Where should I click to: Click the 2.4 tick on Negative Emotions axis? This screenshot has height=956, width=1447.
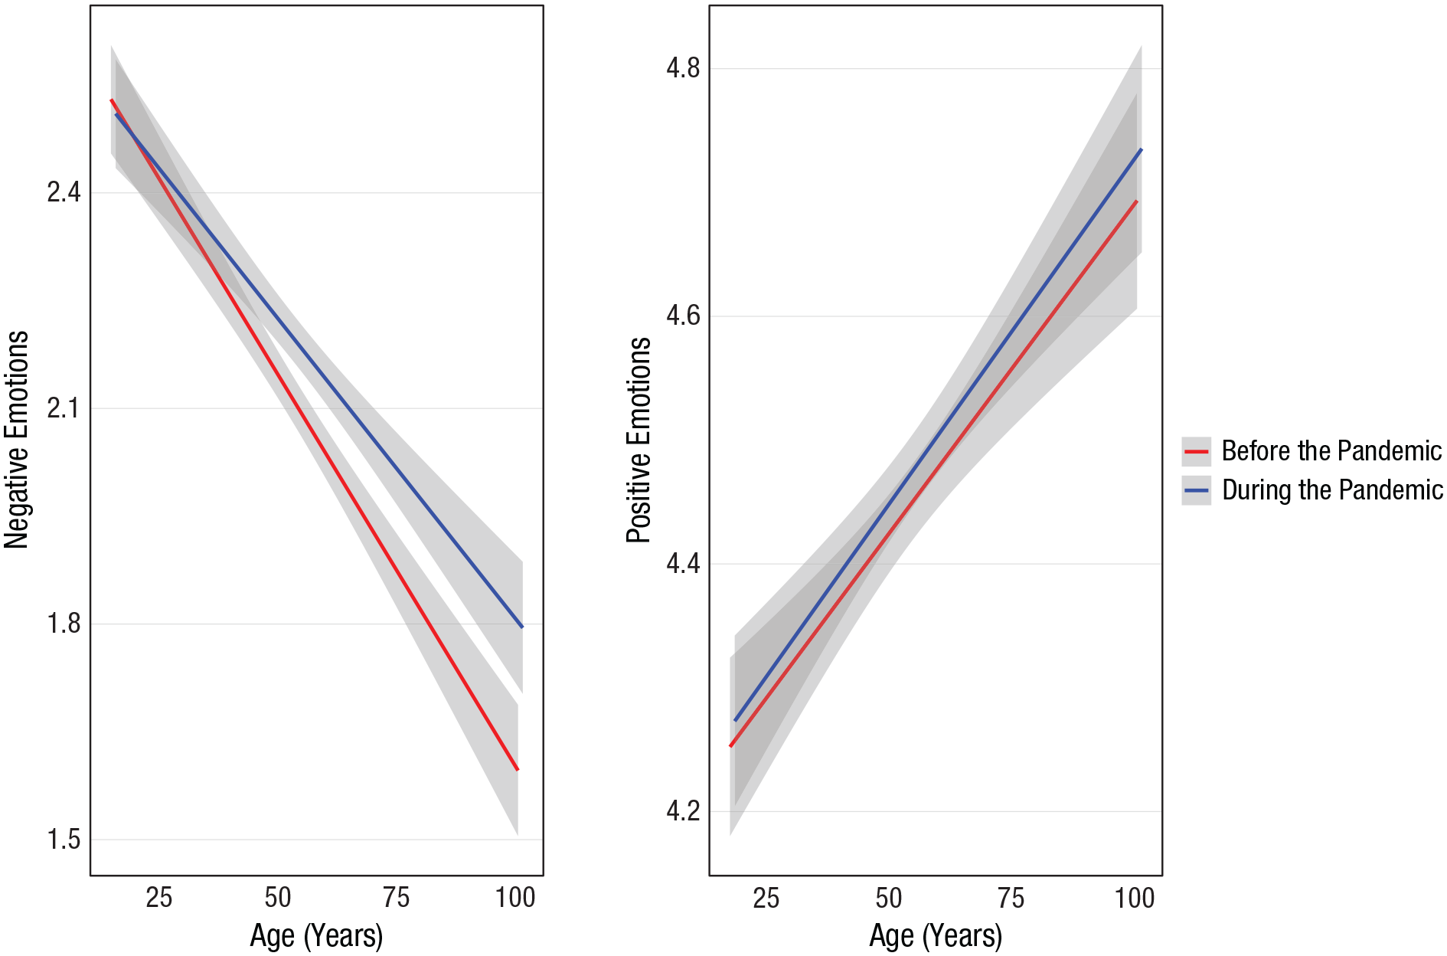[64, 192]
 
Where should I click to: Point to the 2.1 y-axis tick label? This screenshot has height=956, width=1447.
[64, 408]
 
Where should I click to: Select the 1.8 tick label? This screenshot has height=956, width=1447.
[64, 624]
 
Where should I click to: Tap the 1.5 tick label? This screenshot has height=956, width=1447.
[64, 840]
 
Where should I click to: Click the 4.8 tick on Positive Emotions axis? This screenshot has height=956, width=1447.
[683, 68]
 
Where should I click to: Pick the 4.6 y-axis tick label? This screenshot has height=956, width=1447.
[683, 316]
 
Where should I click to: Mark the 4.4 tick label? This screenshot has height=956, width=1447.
[683, 564]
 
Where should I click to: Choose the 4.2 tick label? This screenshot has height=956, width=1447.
[683, 811]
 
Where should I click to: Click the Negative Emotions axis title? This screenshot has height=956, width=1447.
[16, 440]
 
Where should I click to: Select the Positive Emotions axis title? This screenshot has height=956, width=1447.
[639, 440]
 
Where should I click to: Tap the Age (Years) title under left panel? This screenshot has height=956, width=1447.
[316, 936]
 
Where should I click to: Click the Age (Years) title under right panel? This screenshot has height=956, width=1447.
[936, 936]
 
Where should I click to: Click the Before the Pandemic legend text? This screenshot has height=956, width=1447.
[1331, 450]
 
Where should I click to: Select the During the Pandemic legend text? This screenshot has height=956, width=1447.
[1332, 489]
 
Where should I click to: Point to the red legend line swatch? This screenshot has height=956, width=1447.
[1196, 452]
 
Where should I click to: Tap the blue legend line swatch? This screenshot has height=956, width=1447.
[1196, 490]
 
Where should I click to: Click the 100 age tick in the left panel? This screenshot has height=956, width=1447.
[515, 897]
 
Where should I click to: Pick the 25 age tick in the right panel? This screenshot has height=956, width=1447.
[766, 898]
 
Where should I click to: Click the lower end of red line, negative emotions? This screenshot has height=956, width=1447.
[518, 769]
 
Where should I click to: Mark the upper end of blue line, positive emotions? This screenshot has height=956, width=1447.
[1142, 149]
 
